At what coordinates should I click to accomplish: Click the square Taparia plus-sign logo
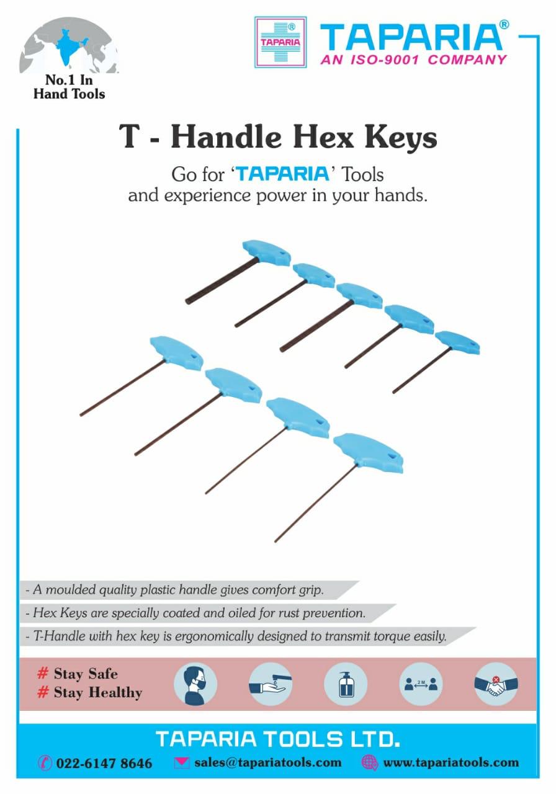click(280, 42)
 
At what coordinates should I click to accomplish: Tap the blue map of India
click(68, 47)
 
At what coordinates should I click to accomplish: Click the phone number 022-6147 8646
click(104, 763)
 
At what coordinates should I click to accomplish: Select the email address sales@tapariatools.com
click(268, 762)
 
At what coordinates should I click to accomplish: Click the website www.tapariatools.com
click(451, 762)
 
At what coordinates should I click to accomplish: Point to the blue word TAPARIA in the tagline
click(283, 173)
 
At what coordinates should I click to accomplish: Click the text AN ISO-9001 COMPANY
click(413, 60)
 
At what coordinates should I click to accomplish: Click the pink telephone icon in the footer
click(45, 763)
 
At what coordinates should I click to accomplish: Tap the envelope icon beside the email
click(182, 763)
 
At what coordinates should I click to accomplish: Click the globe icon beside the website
click(370, 763)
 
